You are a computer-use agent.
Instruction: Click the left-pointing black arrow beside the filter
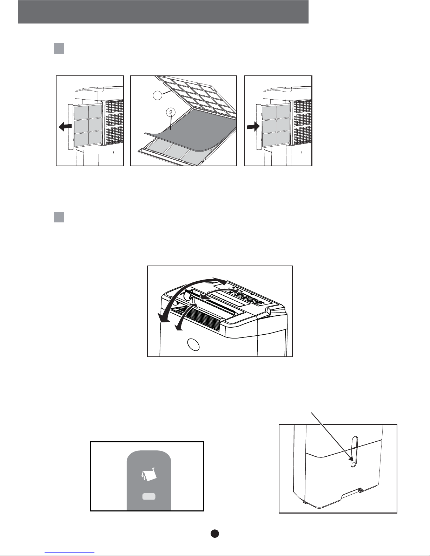65,126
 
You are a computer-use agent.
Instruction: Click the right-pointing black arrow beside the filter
253,126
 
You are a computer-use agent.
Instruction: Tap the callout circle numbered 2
171,112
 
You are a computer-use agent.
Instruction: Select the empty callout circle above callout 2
158,95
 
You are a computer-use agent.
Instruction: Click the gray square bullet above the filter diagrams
59,48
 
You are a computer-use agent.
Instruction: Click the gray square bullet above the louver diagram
59,217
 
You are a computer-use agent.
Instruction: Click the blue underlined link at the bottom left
70,552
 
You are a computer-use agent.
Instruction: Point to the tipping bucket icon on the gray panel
149,474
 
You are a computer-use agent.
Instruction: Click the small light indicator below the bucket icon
149,497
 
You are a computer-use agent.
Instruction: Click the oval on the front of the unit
193,345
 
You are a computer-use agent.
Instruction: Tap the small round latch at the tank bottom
361,490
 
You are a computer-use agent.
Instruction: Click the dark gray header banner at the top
163,12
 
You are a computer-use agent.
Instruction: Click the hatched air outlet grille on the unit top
197,319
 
